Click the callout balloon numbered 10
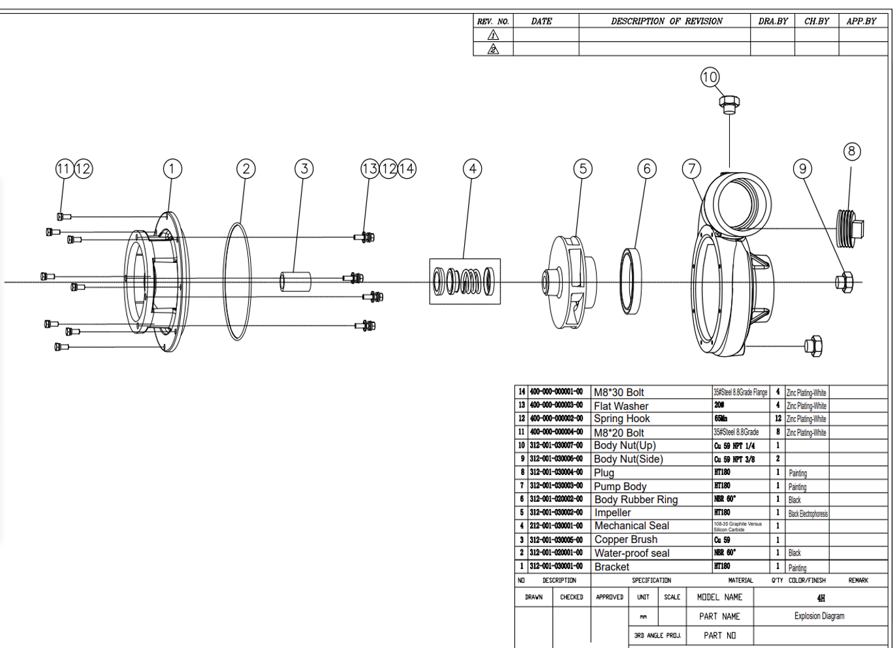click(710, 77)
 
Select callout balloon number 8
click(851, 151)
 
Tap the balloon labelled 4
click(473, 169)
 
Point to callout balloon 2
click(246, 169)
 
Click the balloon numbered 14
click(407, 169)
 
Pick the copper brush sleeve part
click(296, 282)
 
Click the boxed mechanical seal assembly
click(465, 281)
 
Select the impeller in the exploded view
click(570, 282)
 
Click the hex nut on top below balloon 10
click(729, 102)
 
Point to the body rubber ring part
click(631, 280)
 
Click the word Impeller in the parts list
click(612, 513)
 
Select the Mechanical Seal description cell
click(631, 526)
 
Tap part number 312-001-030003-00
click(556, 486)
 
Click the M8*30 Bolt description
click(618, 393)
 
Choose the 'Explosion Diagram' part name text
click(819, 616)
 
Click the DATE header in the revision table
click(541, 21)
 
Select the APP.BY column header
click(861, 21)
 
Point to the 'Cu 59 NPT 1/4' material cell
click(734, 446)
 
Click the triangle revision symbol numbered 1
click(494, 35)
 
